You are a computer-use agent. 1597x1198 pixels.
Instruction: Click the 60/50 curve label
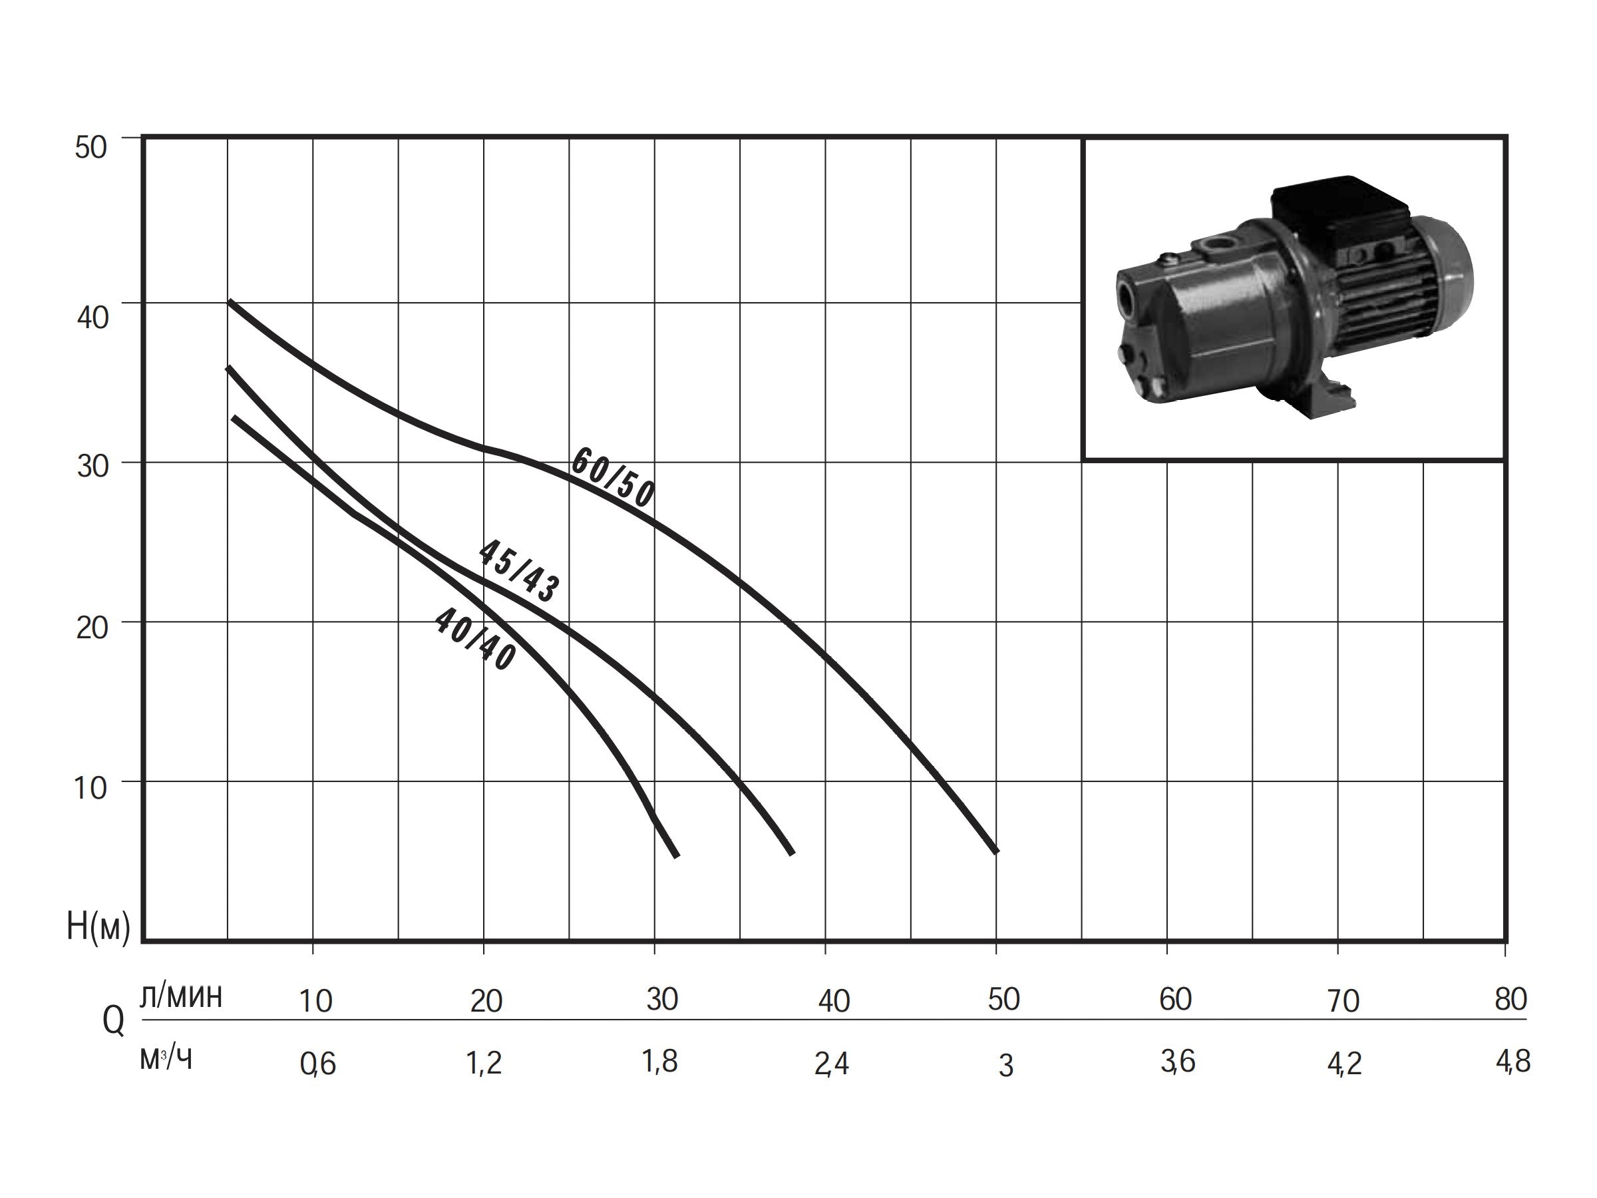click(x=613, y=477)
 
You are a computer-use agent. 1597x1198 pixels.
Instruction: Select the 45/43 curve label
click(x=519, y=570)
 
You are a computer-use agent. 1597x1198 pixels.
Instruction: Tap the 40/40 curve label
click(x=475, y=639)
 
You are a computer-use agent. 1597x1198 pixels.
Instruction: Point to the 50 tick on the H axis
click(x=91, y=147)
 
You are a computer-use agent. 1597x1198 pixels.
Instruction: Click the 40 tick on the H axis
click(x=92, y=317)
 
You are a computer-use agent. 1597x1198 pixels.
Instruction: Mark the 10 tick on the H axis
click(x=91, y=788)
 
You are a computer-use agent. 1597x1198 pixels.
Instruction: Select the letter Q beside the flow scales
click(x=113, y=1021)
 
